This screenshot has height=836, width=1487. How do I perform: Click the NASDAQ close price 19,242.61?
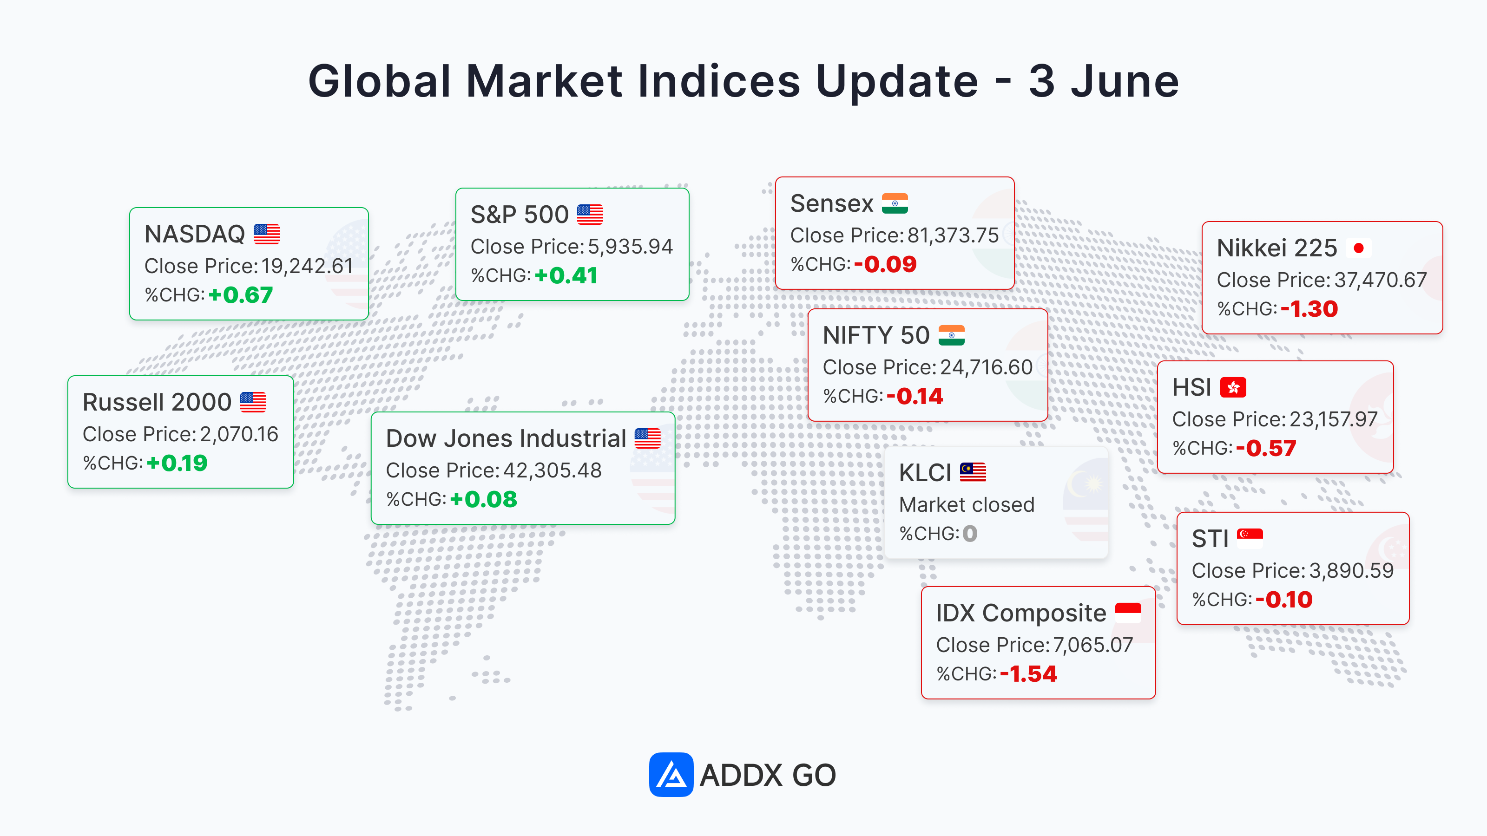[x=307, y=266]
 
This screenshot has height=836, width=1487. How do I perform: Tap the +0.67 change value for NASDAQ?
[x=241, y=295]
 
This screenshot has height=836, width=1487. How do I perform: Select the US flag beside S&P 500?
[x=590, y=215]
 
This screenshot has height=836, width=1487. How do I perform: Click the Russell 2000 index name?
[x=157, y=402]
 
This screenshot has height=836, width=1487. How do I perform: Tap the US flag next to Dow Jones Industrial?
[x=648, y=438]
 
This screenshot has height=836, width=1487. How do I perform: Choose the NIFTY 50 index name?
[x=876, y=335]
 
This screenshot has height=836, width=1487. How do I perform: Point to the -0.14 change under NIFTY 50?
[x=915, y=396]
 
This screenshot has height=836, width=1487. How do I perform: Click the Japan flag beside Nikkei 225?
[x=1358, y=248]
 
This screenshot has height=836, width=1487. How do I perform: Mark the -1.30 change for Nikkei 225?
[x=1309, y=309]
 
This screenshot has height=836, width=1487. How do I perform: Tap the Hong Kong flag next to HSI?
[x=1233, y=387]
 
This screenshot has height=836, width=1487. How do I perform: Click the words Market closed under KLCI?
[x=967, y=505]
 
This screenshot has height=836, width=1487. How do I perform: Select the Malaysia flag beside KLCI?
[x=973, y=472]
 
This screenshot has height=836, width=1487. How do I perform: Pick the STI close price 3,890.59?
[x=1351, y=571]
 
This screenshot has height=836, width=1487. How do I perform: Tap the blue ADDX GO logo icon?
[x=671, y=774]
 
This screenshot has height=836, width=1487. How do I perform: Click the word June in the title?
[x=1125, y=81]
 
